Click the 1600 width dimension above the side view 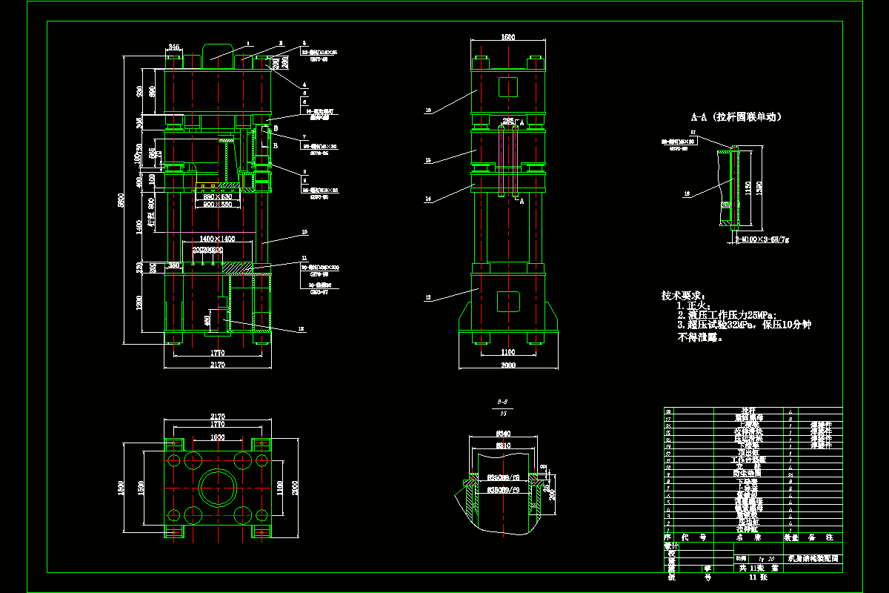(x=507, y=37)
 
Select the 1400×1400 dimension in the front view (x=218, y=239)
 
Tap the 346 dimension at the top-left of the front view (x=174, y=47)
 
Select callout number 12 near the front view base (x=301, y=329)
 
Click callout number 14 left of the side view (x=427, y=199)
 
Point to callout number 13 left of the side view (x=427, y=299)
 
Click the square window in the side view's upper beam (x=507, y=87)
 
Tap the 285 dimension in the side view (x=507, y=119)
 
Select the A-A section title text (x=736, y=117)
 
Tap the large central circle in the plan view (x=218, y=488)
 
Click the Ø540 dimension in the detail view (x=504, y=434)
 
